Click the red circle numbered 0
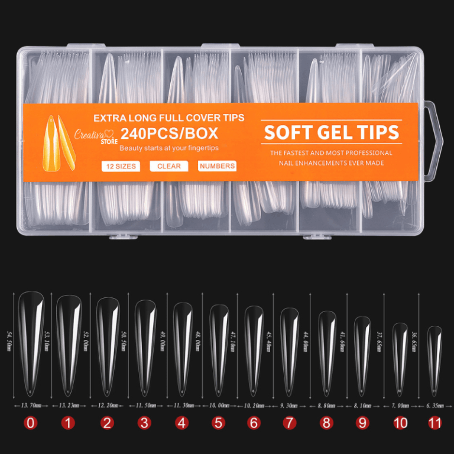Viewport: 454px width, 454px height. pos(31,423)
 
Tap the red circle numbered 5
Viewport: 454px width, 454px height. pos(219,423)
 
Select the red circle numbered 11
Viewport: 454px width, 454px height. pos(435,423)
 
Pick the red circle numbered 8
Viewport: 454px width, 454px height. pos(327,423)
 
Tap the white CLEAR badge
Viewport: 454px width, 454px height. pos(169,166)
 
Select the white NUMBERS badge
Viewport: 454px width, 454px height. pos(217,166)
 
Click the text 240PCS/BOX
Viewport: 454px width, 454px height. pos(170,132)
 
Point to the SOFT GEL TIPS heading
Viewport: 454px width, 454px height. pos(332,132)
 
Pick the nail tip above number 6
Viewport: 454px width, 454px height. pos(254,346)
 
